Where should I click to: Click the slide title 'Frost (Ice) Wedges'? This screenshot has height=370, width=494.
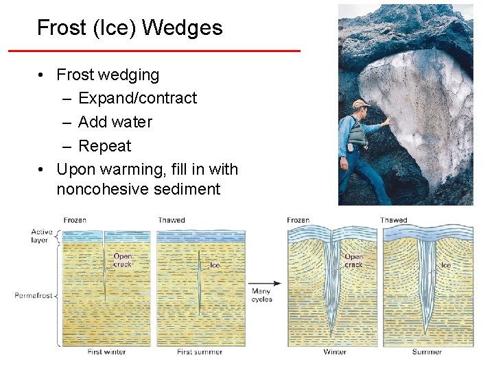pyautogui.click(x=130, y=28)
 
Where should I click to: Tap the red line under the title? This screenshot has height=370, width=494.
pyautogui.click(x=154, y=51)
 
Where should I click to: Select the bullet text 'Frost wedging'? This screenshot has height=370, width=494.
pyautogui.click(x=108, y=75)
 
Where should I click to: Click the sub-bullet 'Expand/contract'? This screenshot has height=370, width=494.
pyautogui.click(x=137, y=98)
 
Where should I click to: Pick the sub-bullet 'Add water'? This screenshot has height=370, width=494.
pyautogui.click(x=115, y=122)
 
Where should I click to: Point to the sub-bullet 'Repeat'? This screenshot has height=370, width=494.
pyautogui.click(x=104, y=146)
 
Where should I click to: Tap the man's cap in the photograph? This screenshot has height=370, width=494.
pyautogui.click(x=360, y=104)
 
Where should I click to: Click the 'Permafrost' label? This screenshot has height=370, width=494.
pyautogui.click(x=33, y=295)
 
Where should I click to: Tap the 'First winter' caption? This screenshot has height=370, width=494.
pyautogui.click(x=106, y=352)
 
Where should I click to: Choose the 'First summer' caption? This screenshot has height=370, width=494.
pyautogui.click(x=200, y=352)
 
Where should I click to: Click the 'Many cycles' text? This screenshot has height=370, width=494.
pyautogui.click(x=261, y=295)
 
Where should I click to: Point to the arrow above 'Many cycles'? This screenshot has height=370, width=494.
pyautogui.click(x=264, y=283)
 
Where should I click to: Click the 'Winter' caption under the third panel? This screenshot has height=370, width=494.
pyautogui.click(x=335, y=352)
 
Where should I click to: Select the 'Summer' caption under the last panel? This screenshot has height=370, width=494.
pyautogui.click(x=427, y=352)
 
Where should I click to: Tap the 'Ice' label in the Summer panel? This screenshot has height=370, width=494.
pyautogui.click(x=446, y=265)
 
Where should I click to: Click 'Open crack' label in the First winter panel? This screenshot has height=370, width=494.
pyautogui.click(x=123, y=260)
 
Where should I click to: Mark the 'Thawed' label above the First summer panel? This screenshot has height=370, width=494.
pyautogui.click(x=171, y=220)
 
